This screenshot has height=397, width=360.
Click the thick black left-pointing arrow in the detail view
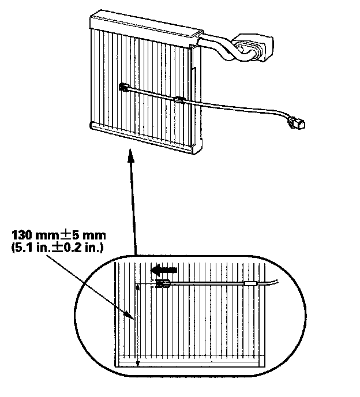pos(163,269)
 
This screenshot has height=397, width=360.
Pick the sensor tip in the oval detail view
pos(163,283)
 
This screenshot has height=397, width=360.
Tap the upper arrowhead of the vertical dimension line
pos(137,287)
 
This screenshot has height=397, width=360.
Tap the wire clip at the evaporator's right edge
pos(180,100)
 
